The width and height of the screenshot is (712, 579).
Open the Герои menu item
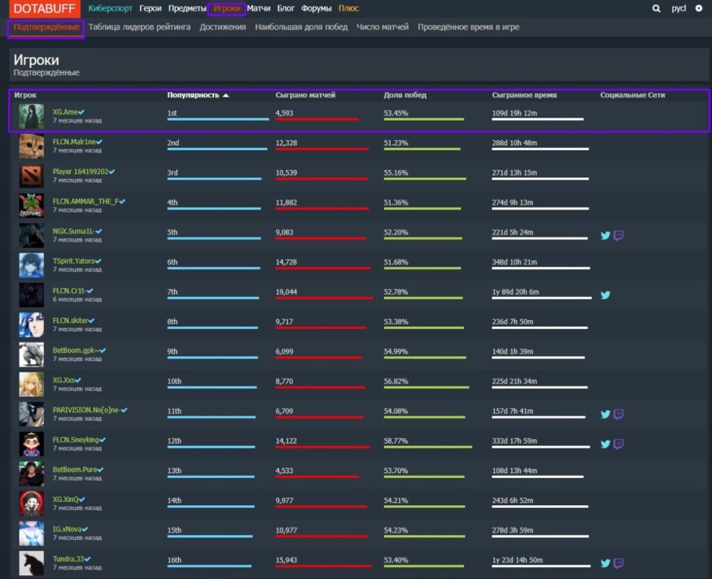tap(150, 8)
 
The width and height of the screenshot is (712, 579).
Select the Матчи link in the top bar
tap(259, 8)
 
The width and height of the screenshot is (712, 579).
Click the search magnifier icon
tap(656, 9)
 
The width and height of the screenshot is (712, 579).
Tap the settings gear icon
tap(699, 9)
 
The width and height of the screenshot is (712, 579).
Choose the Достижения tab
tap(222, 27)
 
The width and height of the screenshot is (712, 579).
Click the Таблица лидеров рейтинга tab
tap(139, 27)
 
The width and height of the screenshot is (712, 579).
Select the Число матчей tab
tap(382, 27)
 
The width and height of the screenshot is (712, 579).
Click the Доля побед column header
tap(405, 95)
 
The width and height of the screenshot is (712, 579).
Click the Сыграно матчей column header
tap(305, 95)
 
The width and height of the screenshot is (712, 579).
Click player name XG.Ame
tap(65, 112)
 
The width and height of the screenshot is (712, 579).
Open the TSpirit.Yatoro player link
tap(74, 261)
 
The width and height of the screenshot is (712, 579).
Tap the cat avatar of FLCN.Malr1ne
tap(31, 146)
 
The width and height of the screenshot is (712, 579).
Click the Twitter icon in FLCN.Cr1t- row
tap(605, 295)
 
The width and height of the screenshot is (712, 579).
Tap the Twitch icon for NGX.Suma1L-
tap(618, 235)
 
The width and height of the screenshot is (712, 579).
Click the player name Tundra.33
tap(67, 559)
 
